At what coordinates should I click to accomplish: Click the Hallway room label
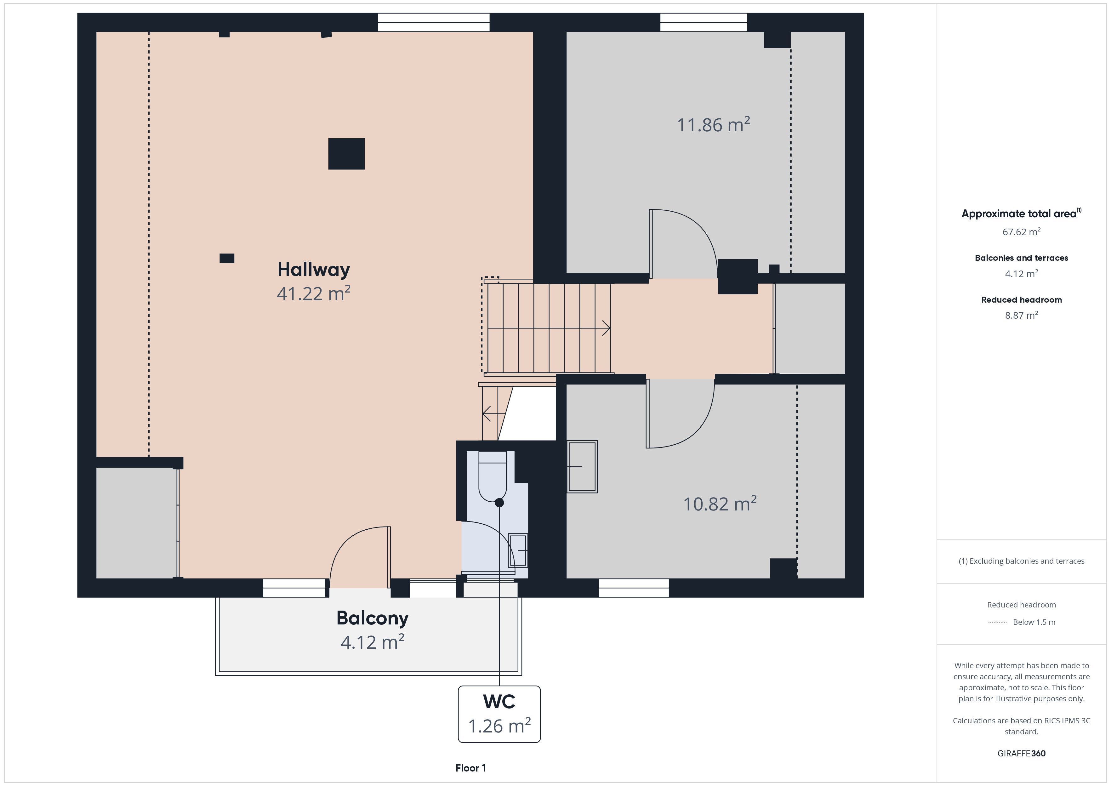[314, 270]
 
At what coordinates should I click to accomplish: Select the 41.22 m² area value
[314, 293]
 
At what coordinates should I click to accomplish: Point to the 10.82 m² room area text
[720, 504]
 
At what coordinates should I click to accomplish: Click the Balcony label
[372, 618]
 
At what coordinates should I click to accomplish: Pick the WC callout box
[499, 714]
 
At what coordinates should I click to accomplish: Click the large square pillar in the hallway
[346, 154]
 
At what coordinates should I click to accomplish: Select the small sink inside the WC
[518, 550]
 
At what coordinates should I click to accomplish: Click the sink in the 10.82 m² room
[582, 467]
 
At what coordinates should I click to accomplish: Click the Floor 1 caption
[470, 768]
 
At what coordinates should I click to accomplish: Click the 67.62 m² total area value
[1022, 232]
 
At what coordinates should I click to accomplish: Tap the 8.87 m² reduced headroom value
[1022, 315]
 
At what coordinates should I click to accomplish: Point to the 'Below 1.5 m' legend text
[1034, 622]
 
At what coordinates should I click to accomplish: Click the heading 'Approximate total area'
[1019, 214]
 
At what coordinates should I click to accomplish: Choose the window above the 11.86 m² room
[704, 22]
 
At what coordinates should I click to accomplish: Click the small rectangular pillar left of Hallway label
[227, 259]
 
